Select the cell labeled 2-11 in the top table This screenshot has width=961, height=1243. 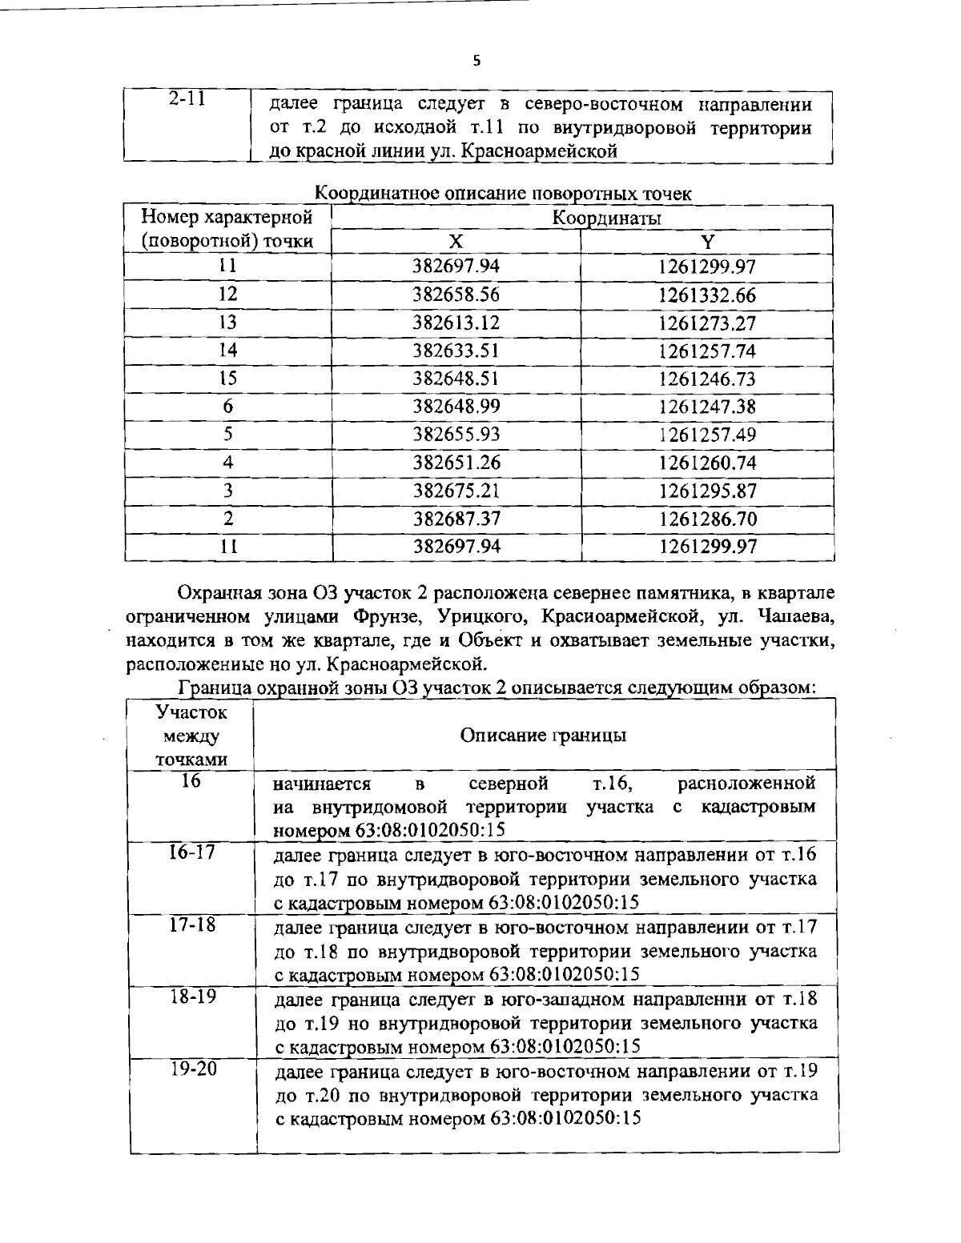pyautogui.click(x=187, y=99)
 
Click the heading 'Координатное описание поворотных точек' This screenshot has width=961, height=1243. pyautogui.click(x=503, y=193)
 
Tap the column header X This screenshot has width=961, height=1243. pyautogui.click(x=456, y=243)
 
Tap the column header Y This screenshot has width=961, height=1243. pyautogui.click(x=707, y=243)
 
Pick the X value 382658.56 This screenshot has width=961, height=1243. pyautogui.click(x=456, y=295)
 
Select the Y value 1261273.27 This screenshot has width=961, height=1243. pyautogui.click(x=707, y=323)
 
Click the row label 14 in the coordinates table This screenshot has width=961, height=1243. pyautogui.click(x=228, y=351)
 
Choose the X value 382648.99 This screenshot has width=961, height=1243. pyautogui.click(x=456, y=407)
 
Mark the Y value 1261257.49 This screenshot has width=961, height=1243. pyautogui.click(x=707, y=435)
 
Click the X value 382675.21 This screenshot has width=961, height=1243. pyautogui.click(x=456, y=491)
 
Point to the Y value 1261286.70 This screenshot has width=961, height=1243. pyautogui.click(x=707, y=519)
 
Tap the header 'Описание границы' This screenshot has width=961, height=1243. pyautogui.click(x=543, y=736)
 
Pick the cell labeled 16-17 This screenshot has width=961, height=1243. pyautogui.click(x=191, y=852)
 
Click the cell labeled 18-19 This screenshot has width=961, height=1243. pyautogui.click(x=191, y=997)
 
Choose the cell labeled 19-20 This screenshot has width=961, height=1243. pyautogui.click(x=191, y=1069)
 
